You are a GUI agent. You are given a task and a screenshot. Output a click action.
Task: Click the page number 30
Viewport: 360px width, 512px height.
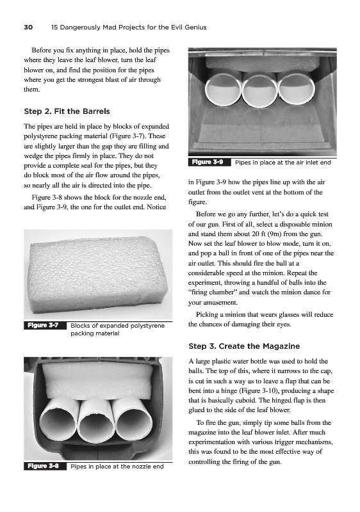tap(28, 28)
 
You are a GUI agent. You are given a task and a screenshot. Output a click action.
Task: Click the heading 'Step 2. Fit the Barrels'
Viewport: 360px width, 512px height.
tap(67, 111)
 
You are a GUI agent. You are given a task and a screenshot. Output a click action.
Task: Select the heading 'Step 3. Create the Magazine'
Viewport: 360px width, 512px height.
tap(244, 346)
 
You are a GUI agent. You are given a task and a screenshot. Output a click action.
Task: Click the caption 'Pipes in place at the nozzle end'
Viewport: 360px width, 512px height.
tap(117, 467)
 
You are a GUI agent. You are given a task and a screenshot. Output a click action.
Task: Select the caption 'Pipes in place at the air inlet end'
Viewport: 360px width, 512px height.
tap(283, 163)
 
